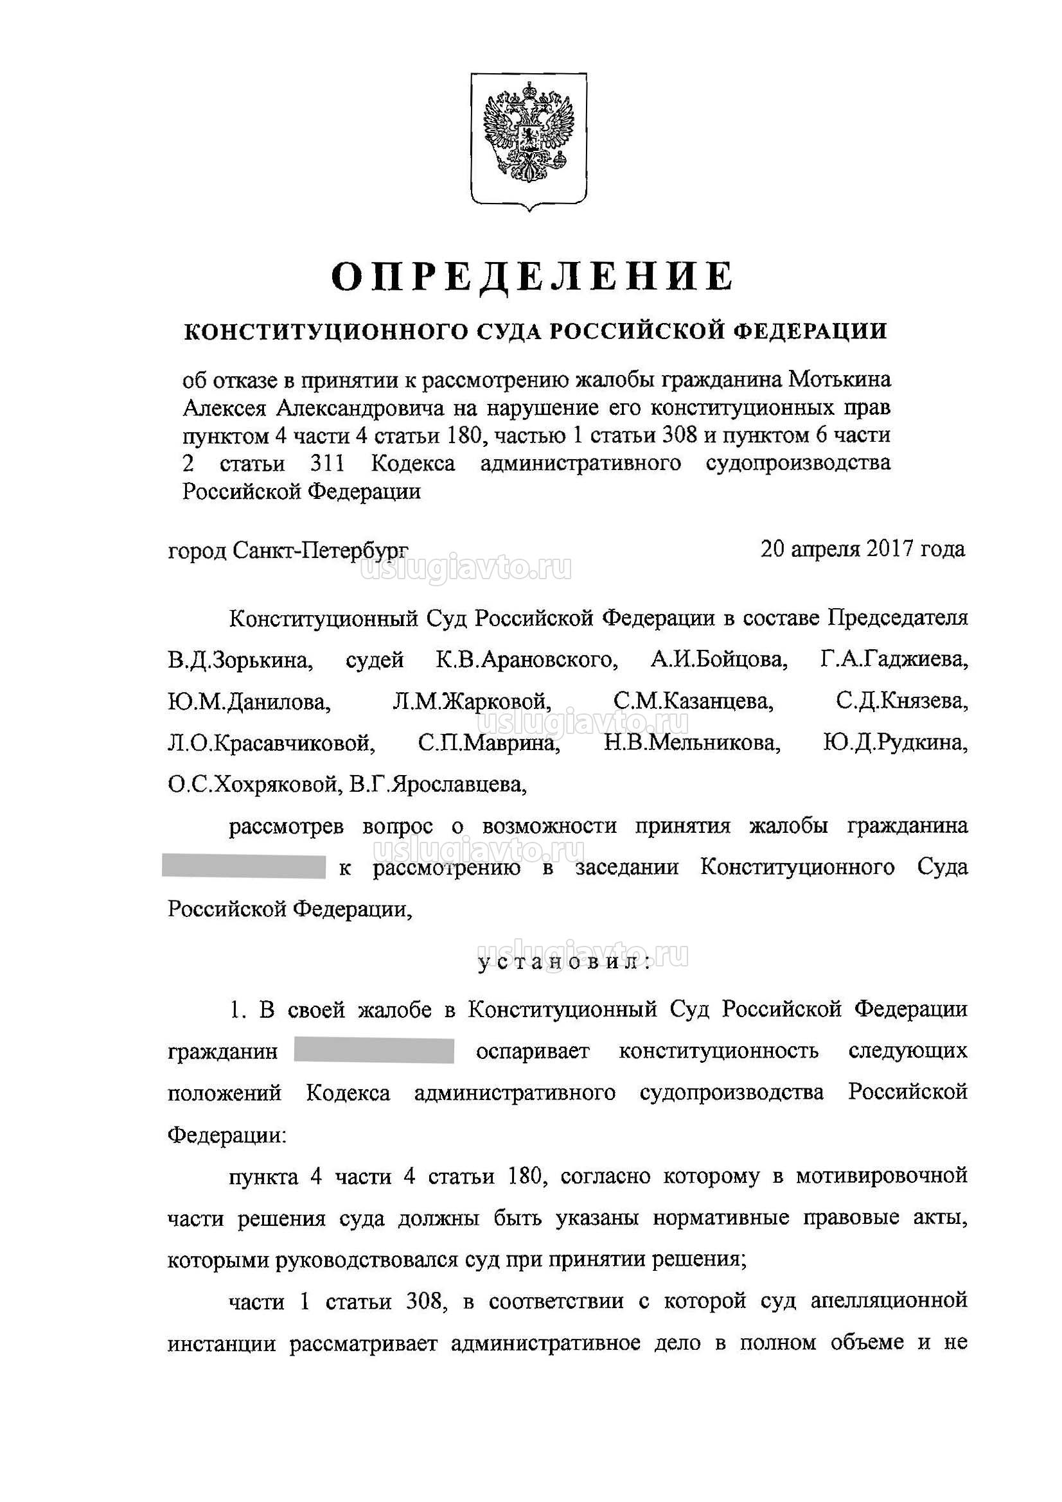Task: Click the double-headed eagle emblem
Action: [x=529, y=140]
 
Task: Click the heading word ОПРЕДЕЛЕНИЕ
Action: [x=531, y=276]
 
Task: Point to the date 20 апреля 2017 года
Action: [x=862, y=548]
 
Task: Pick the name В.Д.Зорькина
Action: [x=240, y=660]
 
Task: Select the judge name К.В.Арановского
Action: [x=527, y=660]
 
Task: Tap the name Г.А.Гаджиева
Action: [x=893, y=660]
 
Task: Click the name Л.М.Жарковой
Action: [x=471, y=703]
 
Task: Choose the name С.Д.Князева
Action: [x=901, y=703]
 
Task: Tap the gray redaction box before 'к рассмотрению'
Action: [x=244, y=867]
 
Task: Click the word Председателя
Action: [x=898, y=619]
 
